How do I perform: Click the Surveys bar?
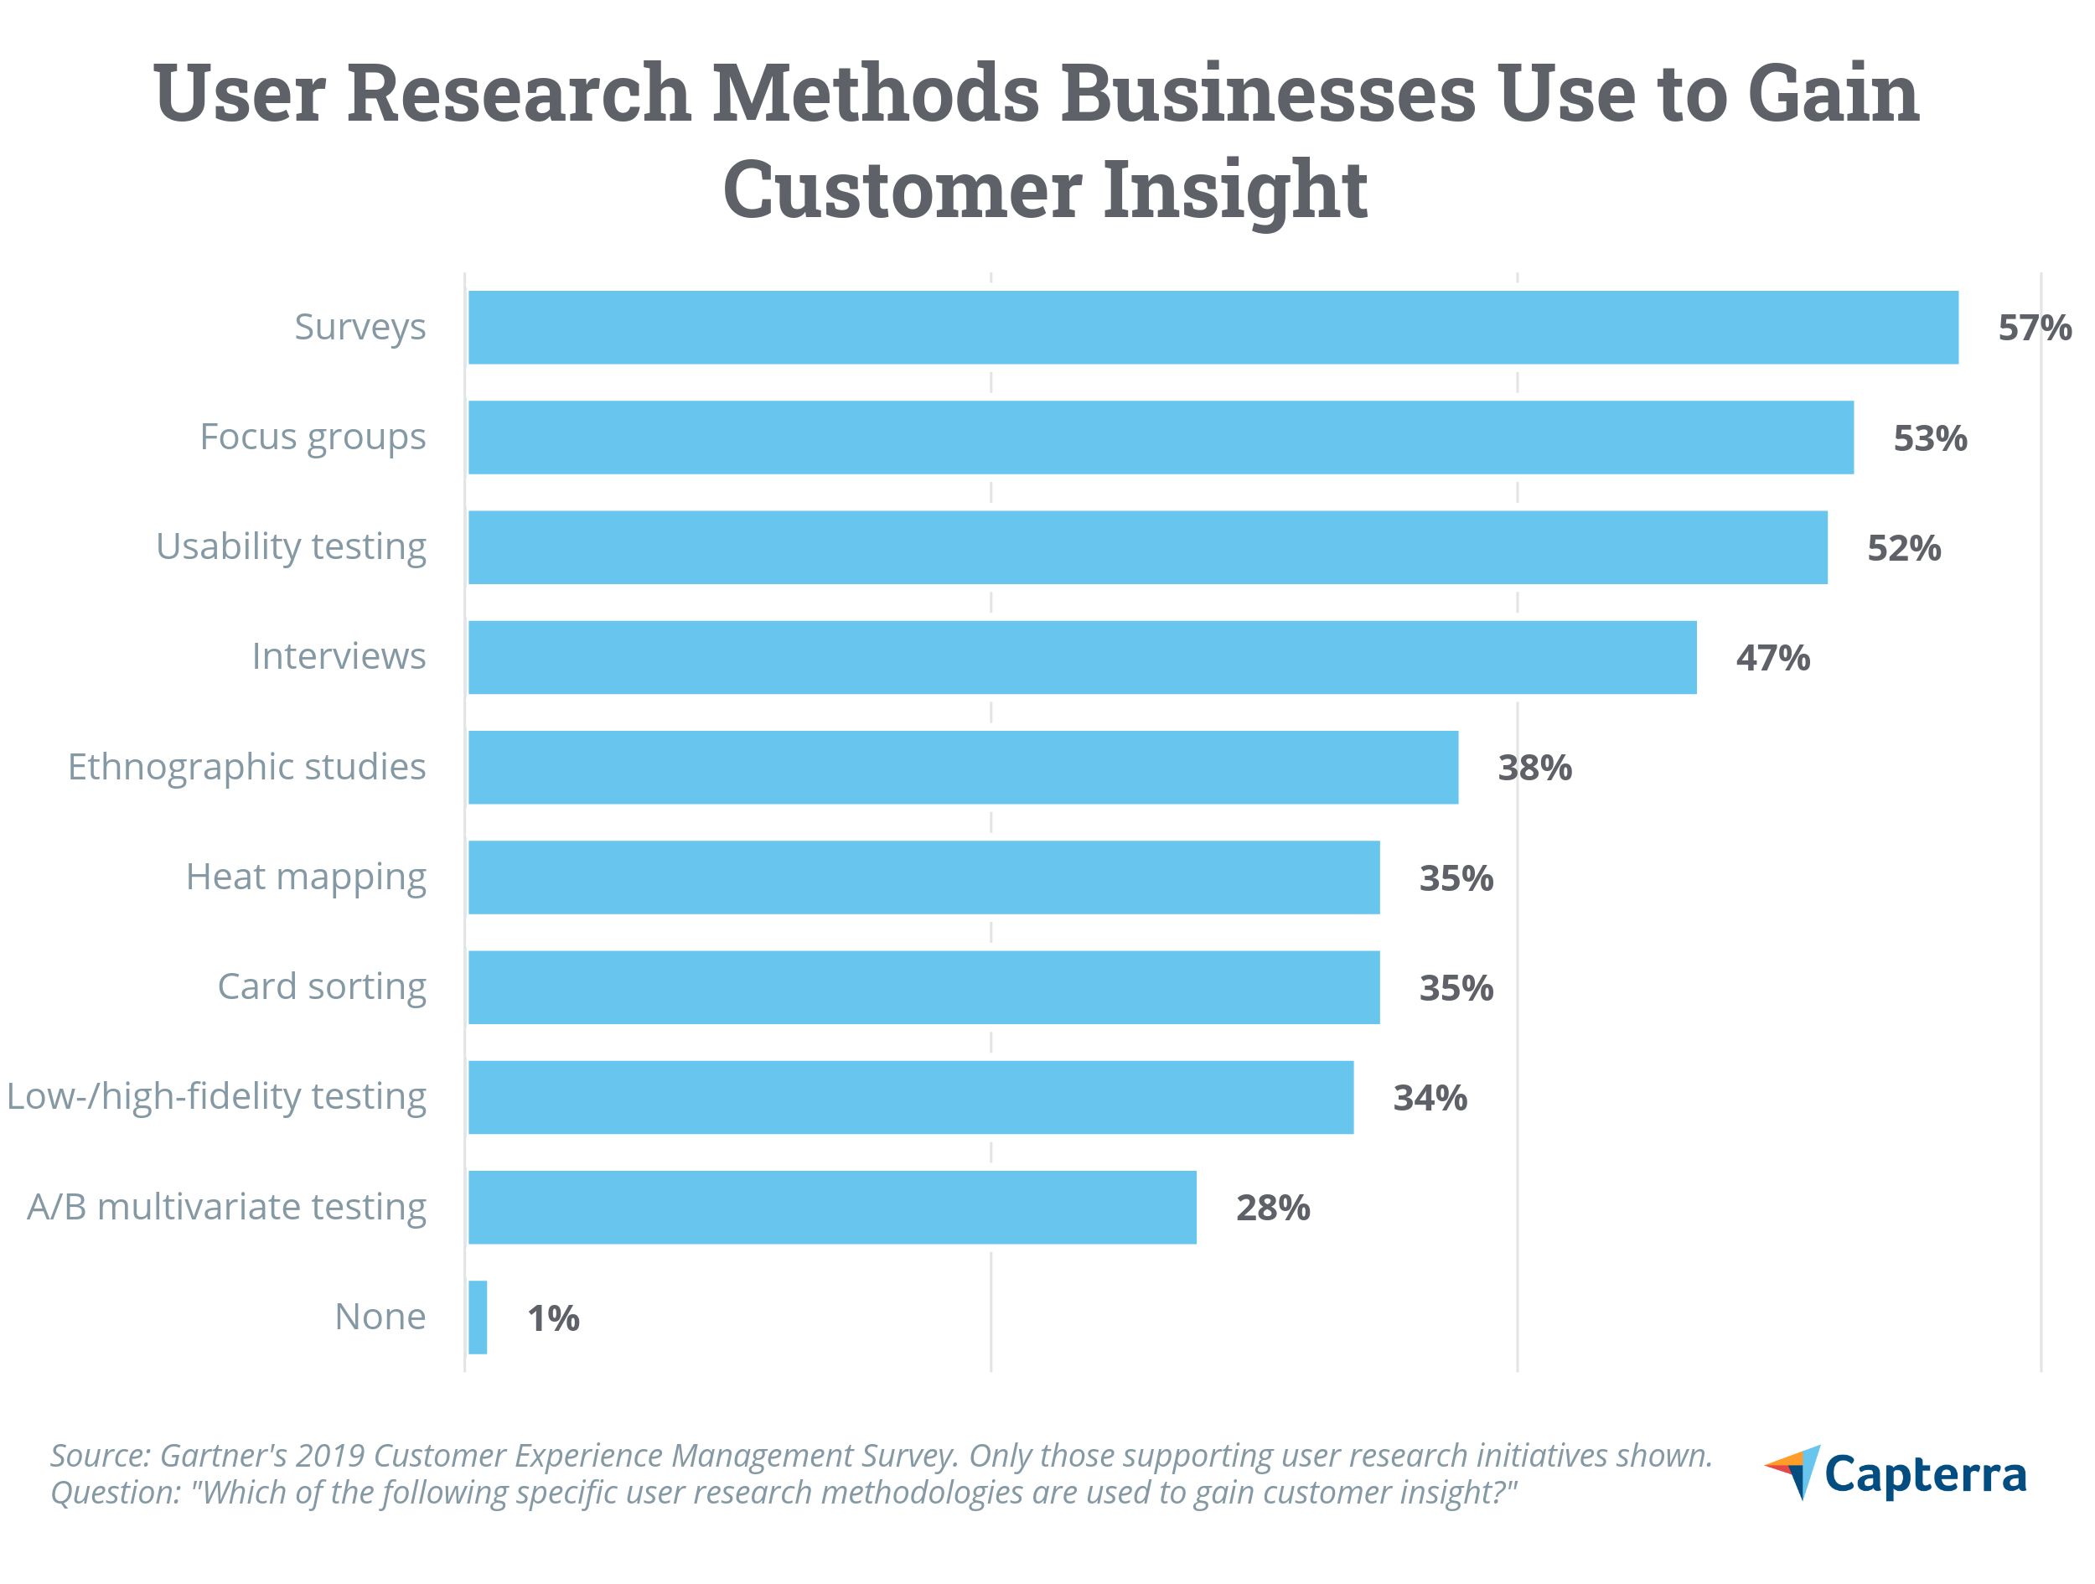coord(1213,327)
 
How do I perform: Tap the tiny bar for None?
coord(478,1317)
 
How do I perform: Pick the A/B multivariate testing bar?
coord(831,1207)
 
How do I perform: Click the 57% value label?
coord(2035,328)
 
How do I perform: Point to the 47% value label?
coord(1772,657)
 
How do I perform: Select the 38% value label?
coord(1534,768)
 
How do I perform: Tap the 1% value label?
coord(553,1317)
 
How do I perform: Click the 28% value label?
coord(1273,1208)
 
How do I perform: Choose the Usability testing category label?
coord(291,547)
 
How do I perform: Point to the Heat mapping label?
coord(306,877)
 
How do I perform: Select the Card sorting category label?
coord(322,987)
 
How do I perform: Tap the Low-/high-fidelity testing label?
coord(216,1097)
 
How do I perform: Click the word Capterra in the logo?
coord(1925,1475)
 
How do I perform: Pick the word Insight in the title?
coord(1234,189)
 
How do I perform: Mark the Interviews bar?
coord(1082,657)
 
